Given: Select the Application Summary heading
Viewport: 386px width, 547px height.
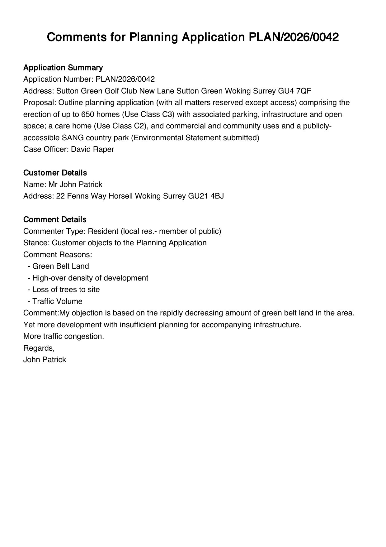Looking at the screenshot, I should point(63,68).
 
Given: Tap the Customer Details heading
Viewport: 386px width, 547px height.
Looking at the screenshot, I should point(55,173).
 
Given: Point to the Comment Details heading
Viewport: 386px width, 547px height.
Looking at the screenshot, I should point(55,219).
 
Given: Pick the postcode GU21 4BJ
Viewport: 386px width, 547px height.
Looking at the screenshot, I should point(206,196).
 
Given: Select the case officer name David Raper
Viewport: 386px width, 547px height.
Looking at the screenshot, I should point(92,149).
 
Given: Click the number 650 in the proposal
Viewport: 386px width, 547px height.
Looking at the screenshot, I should point(88,114).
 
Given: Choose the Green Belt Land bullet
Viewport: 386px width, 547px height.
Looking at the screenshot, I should point(60,266).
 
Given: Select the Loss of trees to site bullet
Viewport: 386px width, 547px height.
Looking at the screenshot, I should point(66,290).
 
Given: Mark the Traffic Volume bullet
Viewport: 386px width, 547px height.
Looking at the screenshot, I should point(57,301).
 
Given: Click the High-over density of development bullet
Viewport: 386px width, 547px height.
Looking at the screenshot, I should point(90,278).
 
